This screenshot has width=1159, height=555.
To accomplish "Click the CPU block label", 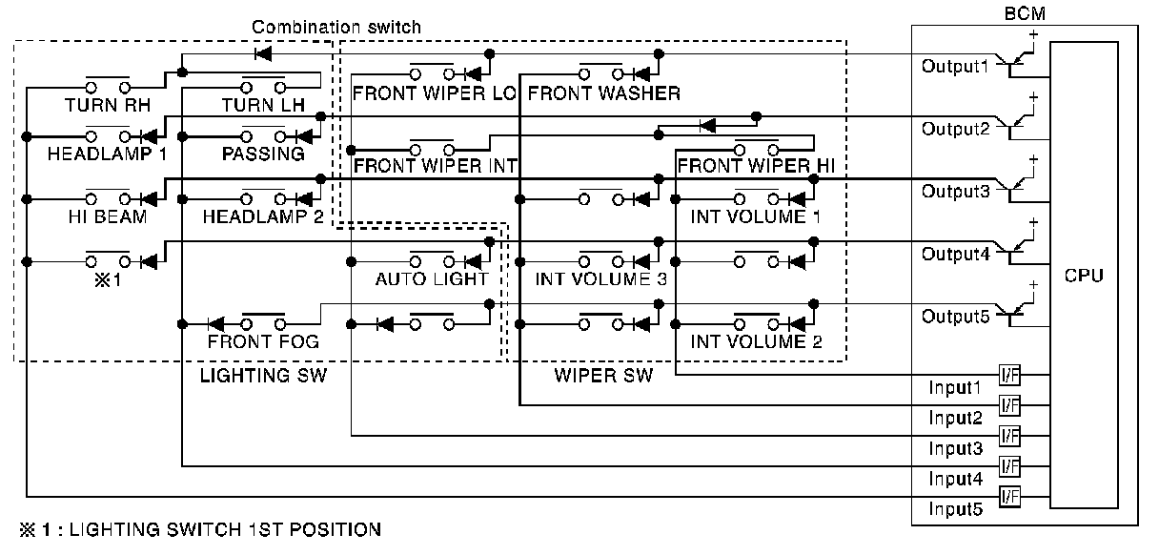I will [x=1085, y=277].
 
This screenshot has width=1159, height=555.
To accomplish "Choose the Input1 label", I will [x=955, y=388].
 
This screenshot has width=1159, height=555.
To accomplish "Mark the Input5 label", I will [x=955, y=509].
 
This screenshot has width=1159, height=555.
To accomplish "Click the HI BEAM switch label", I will [x=107, y=216].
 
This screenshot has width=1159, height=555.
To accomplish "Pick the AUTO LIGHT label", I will [x=431, y=279].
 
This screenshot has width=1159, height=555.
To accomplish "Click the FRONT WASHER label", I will [x=603, y=93].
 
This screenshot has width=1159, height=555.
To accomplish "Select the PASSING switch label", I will [x=263, y=154].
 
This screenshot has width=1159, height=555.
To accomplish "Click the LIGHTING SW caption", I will [x=263, y=376].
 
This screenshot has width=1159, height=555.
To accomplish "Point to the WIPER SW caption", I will [x=603, y=376].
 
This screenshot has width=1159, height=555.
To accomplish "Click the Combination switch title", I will [x=335, y=27].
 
